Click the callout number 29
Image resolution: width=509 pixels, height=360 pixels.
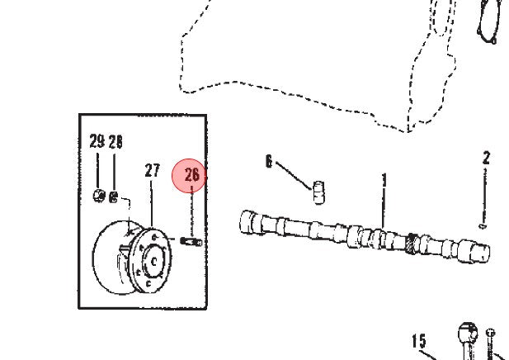[97, 141]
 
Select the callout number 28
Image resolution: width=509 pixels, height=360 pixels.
[115, 142]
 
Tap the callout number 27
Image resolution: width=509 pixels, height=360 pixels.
[153, 170]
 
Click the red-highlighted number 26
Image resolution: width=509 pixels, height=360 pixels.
[192, 175]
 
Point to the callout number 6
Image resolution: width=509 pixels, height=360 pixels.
[269, 161]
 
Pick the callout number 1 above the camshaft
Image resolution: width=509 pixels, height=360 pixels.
[384, 180]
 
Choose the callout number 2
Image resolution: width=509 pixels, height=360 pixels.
[486, 159]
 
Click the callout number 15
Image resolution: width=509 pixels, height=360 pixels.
[419, 341]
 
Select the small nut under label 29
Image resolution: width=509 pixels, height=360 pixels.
[99, 195]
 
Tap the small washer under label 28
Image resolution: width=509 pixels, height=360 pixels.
[113, 197]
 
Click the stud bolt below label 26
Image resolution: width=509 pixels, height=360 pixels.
[191, 241]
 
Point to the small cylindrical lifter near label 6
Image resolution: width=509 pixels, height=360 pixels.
[319, 192]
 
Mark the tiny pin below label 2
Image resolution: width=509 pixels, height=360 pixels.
[483, 225]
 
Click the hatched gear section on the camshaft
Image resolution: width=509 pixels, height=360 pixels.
[412, 244]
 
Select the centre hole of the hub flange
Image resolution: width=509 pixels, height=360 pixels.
[154, 261]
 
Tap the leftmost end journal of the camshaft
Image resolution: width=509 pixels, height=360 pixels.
[248, 222]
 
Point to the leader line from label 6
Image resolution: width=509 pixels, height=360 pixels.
[295, 175]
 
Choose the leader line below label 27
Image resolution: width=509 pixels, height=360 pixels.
[152, 203]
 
